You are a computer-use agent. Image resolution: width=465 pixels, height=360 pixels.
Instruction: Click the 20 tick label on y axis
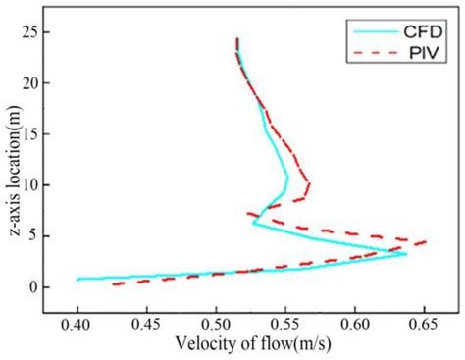coord(30,83)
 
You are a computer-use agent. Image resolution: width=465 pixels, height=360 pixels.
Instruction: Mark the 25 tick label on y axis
coord(30,32)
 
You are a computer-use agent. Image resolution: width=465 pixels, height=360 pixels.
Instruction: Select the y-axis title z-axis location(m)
coord(11,163)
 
